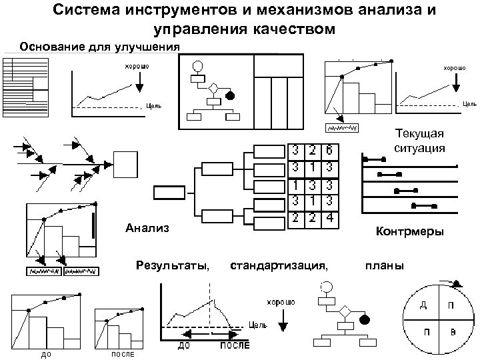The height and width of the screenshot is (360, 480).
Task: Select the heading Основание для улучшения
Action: [100, 47]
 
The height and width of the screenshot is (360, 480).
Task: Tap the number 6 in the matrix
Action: [329, 151]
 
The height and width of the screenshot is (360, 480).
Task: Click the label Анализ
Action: [147, 229]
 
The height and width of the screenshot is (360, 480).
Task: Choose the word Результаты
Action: [173, 267]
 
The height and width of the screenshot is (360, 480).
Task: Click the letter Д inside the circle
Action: [423, 307]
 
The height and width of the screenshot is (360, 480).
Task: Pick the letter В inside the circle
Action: [453, 331]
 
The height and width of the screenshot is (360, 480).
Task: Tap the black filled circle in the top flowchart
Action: [230, 95]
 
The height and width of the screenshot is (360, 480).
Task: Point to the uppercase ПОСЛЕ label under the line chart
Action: [235, 346]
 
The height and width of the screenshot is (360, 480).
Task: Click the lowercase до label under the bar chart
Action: [46, 354]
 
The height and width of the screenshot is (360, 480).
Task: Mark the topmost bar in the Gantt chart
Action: [373, 159]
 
